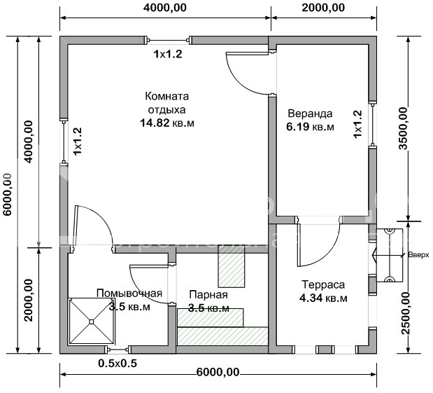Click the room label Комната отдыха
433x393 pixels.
coord(167,103)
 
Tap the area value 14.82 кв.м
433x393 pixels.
coord(167,123)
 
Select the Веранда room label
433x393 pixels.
coord(309,113)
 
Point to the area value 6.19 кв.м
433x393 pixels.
coord(310,127)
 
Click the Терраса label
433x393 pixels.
coord(322,286)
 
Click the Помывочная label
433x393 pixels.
coord(129,294)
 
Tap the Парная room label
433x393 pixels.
coord(208,295)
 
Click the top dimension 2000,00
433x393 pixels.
coord(322,8)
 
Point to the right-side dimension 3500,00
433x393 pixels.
coord(403,127)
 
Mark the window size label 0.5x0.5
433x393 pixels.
coord(117,363)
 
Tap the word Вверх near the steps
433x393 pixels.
coord(418,256)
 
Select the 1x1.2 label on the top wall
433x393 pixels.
coord(168,53)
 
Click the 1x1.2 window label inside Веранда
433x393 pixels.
coord(358,123)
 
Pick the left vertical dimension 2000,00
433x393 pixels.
coord(29,301)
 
